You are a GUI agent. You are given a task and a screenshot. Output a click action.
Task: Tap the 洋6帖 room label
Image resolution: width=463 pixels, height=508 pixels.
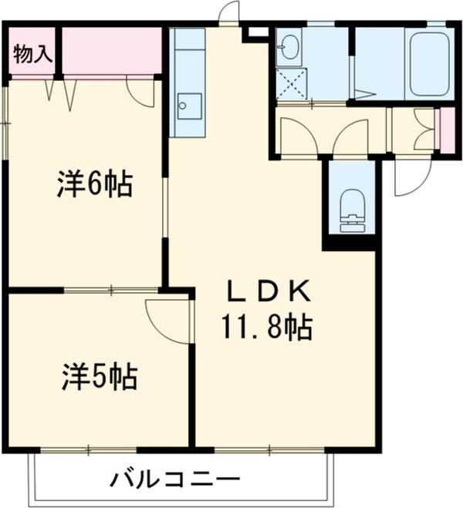(94, 185)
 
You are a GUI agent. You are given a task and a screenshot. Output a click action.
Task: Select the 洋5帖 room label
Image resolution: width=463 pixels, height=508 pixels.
(100, 377)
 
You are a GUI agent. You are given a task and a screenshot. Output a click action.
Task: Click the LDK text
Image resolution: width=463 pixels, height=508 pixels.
(267, 291)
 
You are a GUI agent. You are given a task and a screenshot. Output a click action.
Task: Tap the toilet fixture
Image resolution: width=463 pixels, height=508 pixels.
(352, 207)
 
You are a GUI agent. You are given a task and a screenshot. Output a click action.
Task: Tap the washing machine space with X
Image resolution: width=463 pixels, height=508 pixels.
(291, 84)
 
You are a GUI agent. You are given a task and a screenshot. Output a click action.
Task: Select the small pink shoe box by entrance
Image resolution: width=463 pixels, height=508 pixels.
(446, 131)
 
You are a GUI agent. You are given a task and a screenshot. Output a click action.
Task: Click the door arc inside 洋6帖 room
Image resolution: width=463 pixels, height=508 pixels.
(142, 93)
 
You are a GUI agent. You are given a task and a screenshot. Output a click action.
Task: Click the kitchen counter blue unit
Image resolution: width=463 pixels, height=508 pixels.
(188, 81)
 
